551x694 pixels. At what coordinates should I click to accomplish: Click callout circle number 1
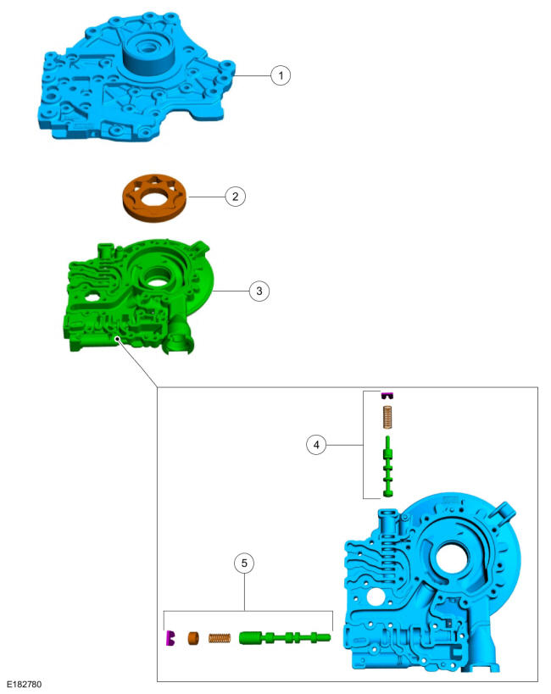281,75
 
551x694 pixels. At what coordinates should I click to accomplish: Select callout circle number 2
235,196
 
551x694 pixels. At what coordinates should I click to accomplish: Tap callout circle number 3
259,291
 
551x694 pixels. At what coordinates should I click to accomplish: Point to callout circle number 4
316,444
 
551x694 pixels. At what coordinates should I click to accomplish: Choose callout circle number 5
244,563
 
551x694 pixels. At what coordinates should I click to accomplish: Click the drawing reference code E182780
25,685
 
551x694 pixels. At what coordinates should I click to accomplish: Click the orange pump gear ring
154,197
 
